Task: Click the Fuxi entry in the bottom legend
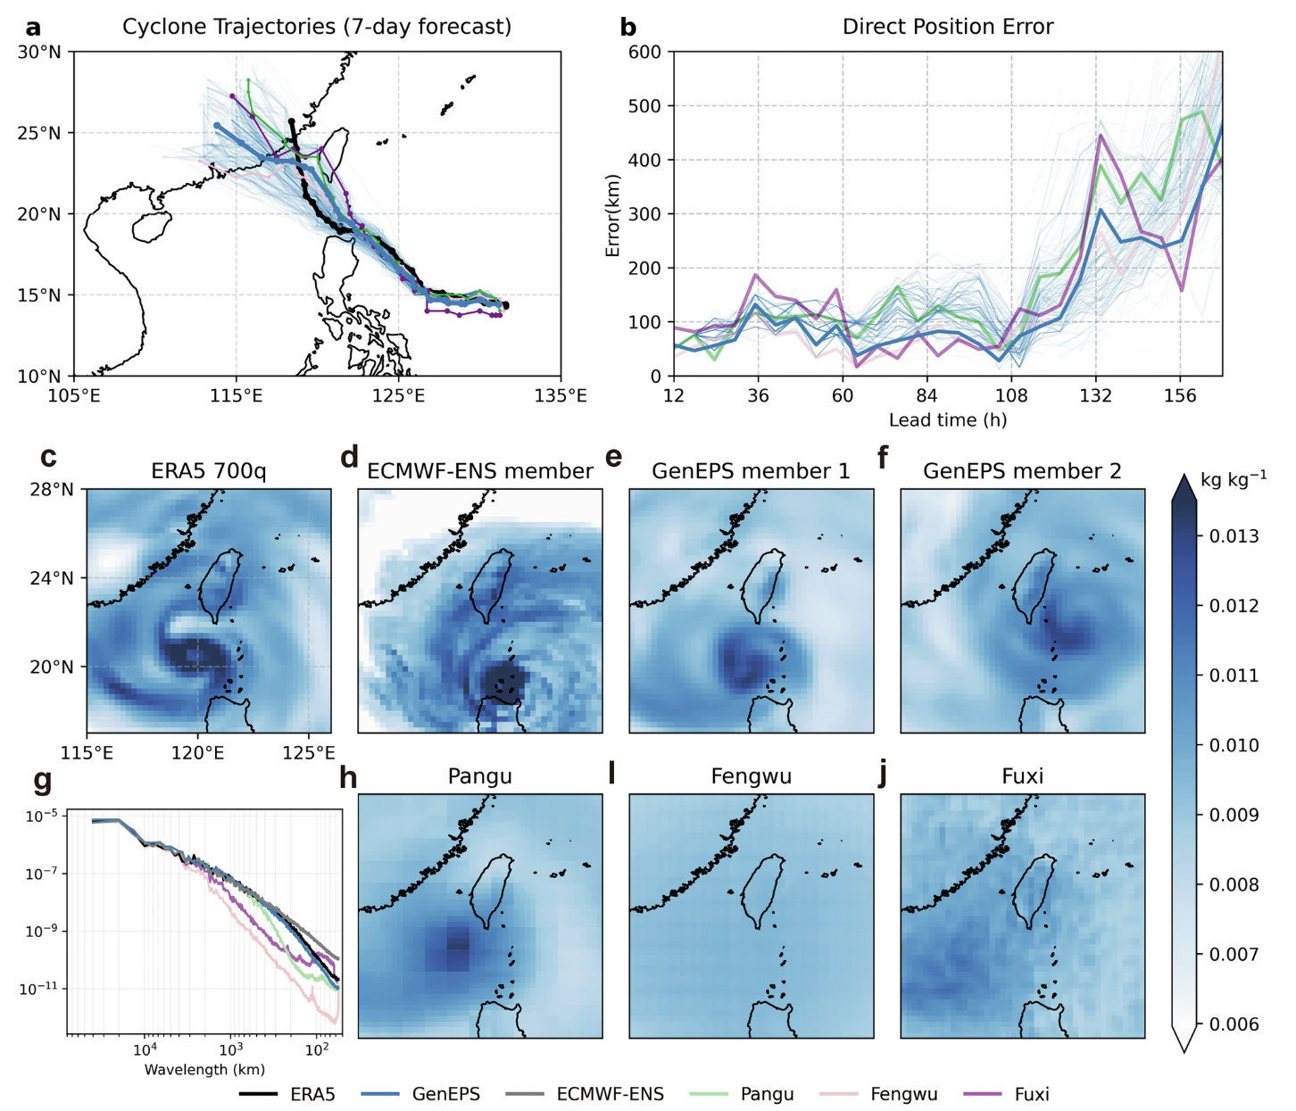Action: click(1031, 1094)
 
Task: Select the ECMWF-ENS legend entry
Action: click(610, 1094)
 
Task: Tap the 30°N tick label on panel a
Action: click(39, 52)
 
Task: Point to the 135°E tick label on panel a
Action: click(561, 395)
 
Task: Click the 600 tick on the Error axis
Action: click(644, 52)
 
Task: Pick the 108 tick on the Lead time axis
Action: click(1011, 395)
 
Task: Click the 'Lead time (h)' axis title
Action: click(947, 419)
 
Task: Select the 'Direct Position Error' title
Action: click(947, 27)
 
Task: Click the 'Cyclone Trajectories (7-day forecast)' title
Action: click(317, 27)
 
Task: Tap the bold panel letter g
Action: click(42, 781)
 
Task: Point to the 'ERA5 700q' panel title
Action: click(209, 471)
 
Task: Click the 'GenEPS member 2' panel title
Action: click(1022, 471)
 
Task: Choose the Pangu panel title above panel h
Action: click(480, 776)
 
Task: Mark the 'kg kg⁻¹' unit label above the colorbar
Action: click(1233, 479)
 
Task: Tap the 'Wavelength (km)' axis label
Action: click(204, 1069)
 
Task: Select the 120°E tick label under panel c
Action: click(197, 753)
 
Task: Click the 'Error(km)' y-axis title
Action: click(612, 214)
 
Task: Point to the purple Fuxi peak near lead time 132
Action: click(1101, 136)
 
